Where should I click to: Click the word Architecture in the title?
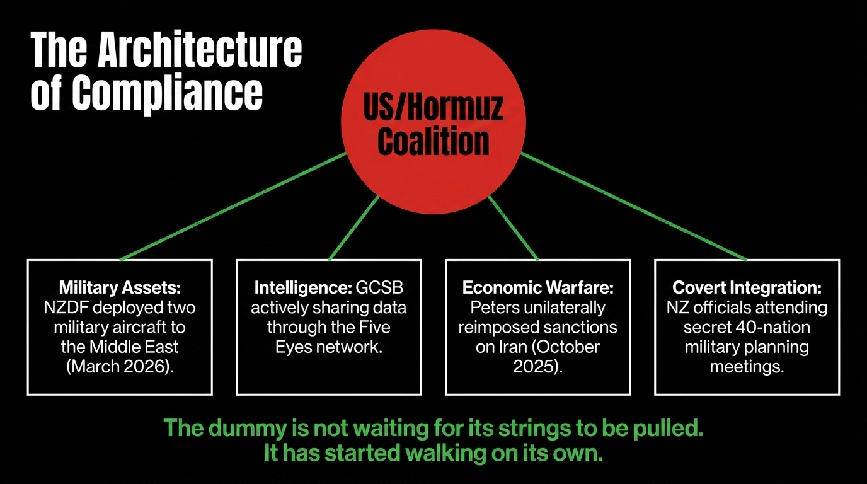pyautogui.click(x=200, y=50)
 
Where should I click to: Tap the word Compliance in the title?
pyautogui.click(x=167, y=94)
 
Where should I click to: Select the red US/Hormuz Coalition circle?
pyautogui.click(x=433, y=122)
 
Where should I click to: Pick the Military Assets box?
pyautogui.click(x=120, y=327)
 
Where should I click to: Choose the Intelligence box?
pyautogui.click(x=329, y=327)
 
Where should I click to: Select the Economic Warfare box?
pyautogui.click(x=538, y=327)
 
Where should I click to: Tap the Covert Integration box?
pyautogui.click(x=747, y=327)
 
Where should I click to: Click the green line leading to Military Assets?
pyautogui.click(x=233, y=206)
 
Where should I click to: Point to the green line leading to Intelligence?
pyautogui.click(x=353, y=228)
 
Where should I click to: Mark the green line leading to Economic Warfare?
pyautogui.click(x=514, y=228)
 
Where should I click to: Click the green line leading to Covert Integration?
pyautogui.click(x=634, y=206)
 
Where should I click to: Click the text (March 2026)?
pyautogui.click(x=120, y=367)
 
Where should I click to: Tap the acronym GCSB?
pyautogui.click(x=380, y=287)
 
